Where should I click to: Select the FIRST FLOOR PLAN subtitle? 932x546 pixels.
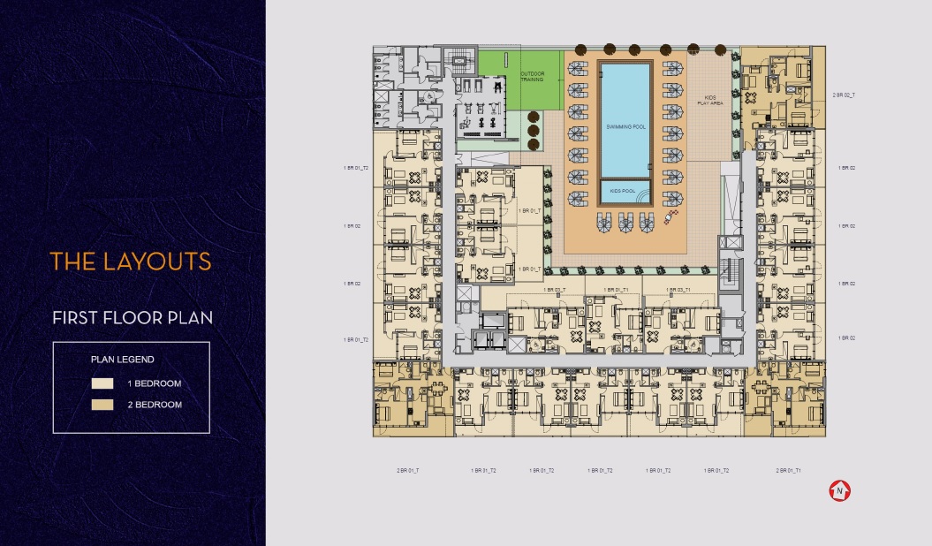[x=132, y=317]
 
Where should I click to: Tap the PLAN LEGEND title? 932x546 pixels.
[x=123, y=360]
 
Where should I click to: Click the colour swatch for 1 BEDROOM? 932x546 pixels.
[x=102, y=384]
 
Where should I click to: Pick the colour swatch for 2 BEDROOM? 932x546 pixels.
[x=102, y=405]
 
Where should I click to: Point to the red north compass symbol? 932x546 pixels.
[x=839, y=490]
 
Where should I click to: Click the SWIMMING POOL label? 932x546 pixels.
[x=625, y=127]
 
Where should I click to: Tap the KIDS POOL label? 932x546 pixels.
[x=625, y=190]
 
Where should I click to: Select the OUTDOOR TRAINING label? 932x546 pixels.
[x=532, y=77]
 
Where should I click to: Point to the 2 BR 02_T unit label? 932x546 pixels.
[x=844, y=95]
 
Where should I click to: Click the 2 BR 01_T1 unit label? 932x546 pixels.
[x=788, y=471]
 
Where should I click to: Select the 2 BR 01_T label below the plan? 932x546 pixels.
[x=408, y=471]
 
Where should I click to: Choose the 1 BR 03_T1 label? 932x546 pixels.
[x=678, y=290]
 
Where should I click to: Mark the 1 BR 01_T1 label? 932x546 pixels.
[x=616, y=290]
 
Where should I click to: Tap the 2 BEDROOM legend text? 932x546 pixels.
[x=155, y=405]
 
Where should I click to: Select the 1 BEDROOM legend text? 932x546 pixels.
[x=155, y=384]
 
